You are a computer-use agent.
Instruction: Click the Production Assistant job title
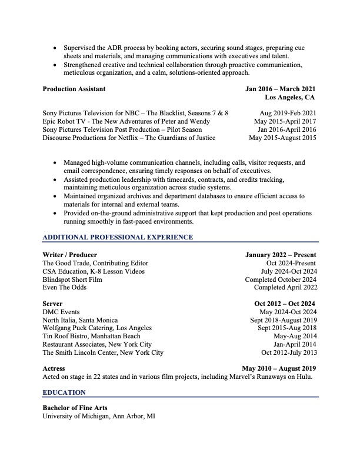(74, 89)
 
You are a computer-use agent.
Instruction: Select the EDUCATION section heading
(64, 392)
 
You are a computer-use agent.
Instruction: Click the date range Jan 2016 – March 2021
(281, 89)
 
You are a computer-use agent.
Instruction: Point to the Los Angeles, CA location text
(290, 97)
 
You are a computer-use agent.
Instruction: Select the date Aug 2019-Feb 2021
(288, 112)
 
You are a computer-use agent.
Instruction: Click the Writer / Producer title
(70, 255)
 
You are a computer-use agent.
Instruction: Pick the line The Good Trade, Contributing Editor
(95, 263)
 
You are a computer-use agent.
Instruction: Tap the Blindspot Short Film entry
(72, 279)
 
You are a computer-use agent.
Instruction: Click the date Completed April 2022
(285, 288)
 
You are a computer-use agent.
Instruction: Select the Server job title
(52, 304)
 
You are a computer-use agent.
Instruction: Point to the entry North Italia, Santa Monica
(80, 320)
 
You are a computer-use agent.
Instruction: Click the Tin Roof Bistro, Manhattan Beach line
(91, 336)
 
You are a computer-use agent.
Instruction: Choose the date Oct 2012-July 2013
(289, 352)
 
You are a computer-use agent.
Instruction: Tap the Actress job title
(54, 368)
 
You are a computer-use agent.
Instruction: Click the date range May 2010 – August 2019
(279, 368)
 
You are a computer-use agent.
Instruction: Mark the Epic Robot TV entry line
(126, 121)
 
